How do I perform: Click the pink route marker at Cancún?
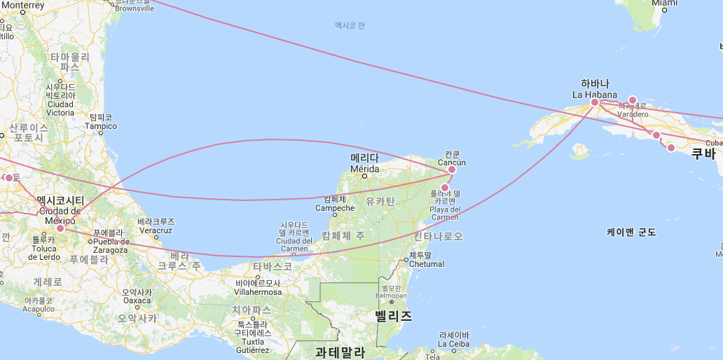(452, 169)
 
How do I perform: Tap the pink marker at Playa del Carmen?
(444, 187)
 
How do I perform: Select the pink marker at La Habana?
(595, 102)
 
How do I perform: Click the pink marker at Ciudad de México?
(60, 228)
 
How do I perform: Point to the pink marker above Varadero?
(632, 100)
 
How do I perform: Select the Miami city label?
(664, 4)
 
